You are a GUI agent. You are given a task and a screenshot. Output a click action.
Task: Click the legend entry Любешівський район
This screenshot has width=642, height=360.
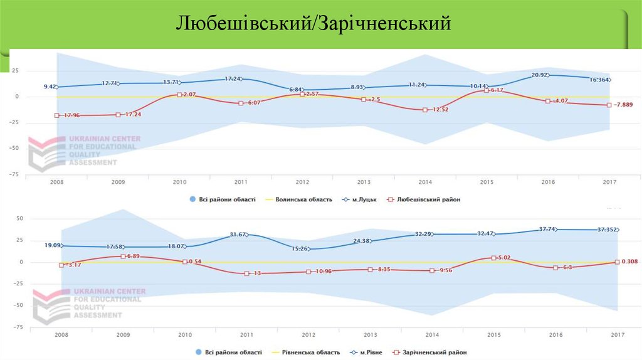pyautogui.click(x=428, y=199)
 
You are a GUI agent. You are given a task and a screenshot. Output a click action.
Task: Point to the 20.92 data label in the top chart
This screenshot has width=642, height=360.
pyautogui.click(x=540, y=75)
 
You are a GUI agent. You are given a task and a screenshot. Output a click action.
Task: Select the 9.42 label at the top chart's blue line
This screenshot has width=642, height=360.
pyautogui.click(x=50, y=87)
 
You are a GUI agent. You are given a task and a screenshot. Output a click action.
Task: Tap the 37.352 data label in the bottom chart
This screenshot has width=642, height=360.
pyautogui.click(x=603, y=230)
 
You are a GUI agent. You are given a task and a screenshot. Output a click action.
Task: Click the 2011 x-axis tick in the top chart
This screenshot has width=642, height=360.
pyautogui.click(x=240, y=183)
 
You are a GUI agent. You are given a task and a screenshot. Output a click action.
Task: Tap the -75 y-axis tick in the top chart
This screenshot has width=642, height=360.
pyautogui.click(x=13, y=174)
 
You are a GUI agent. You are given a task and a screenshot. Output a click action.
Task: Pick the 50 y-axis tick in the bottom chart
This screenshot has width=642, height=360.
pyautogui.click(x=19, y=219)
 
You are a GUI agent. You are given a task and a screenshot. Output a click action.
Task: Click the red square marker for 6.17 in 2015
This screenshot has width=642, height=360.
pyautogui.click(x=487, y=90)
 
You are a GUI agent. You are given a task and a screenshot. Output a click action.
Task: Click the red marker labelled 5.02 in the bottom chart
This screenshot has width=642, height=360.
pyautogui.click(x=493, y=258)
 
